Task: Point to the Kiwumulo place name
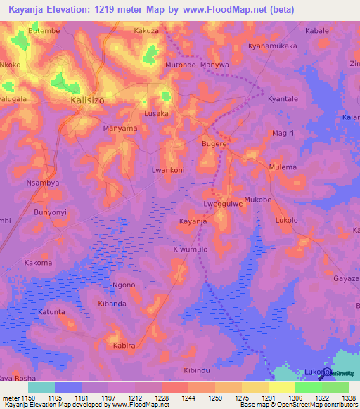(x=191, y=249)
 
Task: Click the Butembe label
(x=40, y=32)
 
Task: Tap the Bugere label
(x=214, y=143)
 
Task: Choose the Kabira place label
(x=124, y=346)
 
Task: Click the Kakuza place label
(x=146, y=32)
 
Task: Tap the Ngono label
(x=124, y=285)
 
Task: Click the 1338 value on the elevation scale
(x=348, y=397)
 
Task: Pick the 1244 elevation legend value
(x=188, y=397)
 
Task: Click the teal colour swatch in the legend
(x=41, y=387)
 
